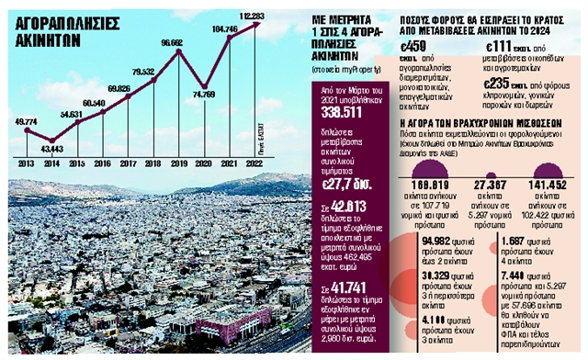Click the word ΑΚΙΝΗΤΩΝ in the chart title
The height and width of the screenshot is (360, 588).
pos(51,39)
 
